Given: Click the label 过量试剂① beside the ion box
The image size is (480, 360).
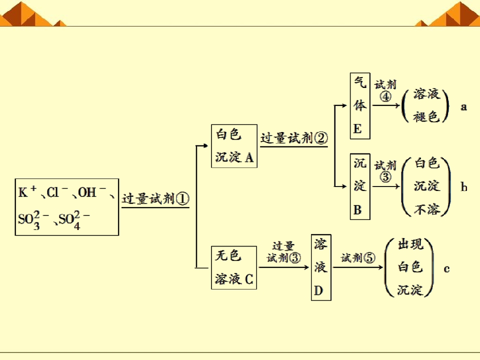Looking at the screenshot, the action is click(155, 199).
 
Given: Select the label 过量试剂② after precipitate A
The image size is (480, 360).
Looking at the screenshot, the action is click(294, 138).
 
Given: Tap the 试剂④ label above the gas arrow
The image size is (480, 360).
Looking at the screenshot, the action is click(385, 90).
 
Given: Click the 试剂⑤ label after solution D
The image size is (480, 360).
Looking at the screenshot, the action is click(358, 258).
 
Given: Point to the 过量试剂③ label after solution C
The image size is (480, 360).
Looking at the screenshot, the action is click(284, 252).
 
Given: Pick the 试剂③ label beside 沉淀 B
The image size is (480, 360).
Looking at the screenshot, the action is click(385, 171).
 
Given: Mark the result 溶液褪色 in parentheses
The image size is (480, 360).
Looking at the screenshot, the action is click(426, 105).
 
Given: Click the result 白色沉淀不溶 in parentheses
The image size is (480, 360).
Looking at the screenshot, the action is click(426, 186).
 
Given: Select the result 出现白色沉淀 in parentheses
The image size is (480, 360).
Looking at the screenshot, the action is click(409, 267).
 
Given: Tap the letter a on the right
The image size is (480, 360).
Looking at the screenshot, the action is click(464, 107).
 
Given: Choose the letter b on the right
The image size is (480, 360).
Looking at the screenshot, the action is click(464, 186).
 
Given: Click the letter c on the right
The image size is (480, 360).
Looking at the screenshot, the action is click(446, 269).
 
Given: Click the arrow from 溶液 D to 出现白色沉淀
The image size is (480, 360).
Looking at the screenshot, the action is click(358, 267).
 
